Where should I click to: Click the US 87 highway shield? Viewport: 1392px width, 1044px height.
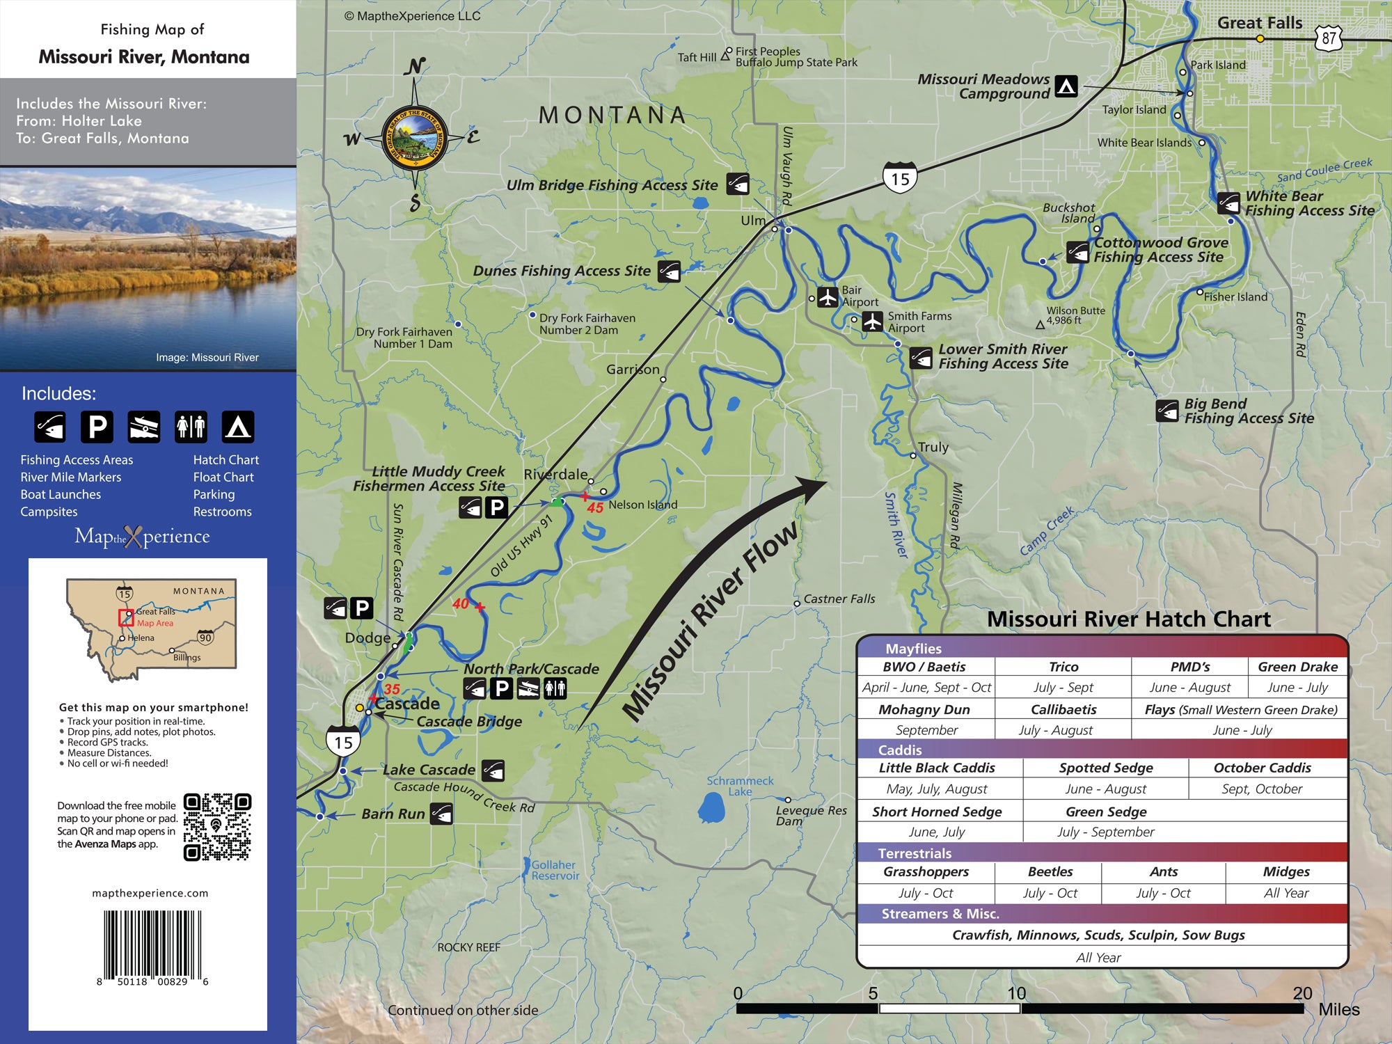[x=1329, y=38]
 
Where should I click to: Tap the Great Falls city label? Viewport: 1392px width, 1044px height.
[x=1259, y=23]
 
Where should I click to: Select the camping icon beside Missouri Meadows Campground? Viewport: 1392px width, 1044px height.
[x=1066, y=86]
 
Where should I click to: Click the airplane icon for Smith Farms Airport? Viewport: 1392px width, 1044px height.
[x=872, y=322]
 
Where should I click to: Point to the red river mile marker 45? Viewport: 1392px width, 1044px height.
[x=594, y=507]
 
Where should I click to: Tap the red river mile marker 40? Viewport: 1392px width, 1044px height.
[x=461, y=604]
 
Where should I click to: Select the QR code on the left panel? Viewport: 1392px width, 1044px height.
[x=216, y=826]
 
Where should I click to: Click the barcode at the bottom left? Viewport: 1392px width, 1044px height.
[x=152, y=944]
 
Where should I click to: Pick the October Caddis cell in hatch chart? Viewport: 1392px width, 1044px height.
[x=1262, y=768]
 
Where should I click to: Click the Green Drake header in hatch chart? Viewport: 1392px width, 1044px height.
[x=1297, y=667]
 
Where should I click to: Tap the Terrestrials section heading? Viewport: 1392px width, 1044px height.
[x=915, y=853]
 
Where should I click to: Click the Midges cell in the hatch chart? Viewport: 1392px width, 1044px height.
[x=1286, y=871]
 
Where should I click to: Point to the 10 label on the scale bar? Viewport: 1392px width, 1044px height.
[x=1016, y=993]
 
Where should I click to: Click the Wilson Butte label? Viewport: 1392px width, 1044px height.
[x=1075, y=311]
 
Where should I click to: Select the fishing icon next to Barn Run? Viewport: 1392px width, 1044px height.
[x=441, y=813]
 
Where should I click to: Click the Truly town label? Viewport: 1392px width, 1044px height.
[x=933, y=447]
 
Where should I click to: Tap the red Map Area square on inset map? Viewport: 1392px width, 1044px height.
[x=126, y=617]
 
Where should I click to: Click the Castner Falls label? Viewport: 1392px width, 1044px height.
[x=839, y=599]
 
